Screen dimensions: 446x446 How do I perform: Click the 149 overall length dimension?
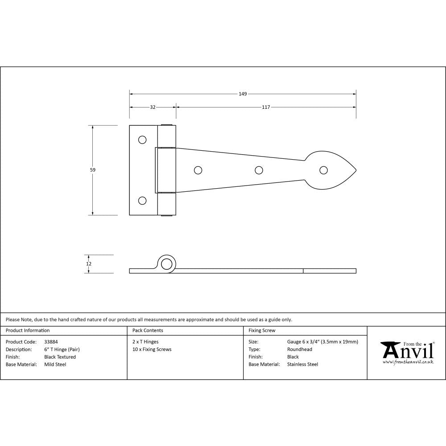point(243,94)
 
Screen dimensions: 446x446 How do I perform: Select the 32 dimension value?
point(153,107)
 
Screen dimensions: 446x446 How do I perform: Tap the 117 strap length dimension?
point(266,107)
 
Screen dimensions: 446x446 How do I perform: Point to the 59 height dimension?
point(93,169)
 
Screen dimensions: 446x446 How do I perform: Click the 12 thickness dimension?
point(89,264)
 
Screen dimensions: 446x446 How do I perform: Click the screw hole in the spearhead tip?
point(323,170)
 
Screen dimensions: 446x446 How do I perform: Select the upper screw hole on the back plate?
point(142,140)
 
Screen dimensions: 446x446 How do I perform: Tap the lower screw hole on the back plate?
point(142,201)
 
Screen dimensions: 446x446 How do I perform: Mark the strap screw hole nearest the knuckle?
point(198,170)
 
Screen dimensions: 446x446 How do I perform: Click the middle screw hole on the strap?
point(258,170)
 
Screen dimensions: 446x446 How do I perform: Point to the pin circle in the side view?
point(167,264)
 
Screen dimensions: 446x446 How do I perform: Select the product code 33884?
point(51,342)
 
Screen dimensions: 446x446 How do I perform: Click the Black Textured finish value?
point(60,357)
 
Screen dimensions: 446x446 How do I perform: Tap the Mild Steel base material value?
point(55,364)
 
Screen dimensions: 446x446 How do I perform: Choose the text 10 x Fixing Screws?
point(152,349)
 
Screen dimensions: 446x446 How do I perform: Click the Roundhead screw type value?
point(300,349)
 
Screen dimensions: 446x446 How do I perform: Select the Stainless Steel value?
point(303,364)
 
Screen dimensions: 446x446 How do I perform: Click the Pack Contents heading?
point(148,330)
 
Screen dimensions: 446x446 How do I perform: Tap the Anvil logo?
point(407,352)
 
